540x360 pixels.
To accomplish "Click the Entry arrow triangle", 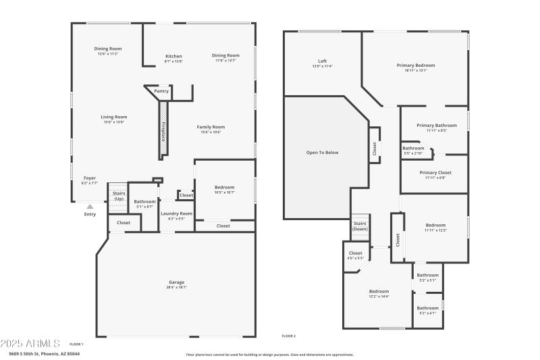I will (x=90, y=206).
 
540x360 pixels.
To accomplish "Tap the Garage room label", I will (x=176, y=282).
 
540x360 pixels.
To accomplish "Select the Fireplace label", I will (x=163, y=130).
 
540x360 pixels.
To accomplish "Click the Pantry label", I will (x=161, y=91).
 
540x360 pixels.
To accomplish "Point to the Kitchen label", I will (x=173, y=56).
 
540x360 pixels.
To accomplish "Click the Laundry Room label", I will (x=176, y=213).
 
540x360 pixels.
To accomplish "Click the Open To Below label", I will (x=322, y=153).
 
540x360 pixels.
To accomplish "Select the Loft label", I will (x=322, y=61).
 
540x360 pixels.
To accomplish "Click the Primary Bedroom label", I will (x=415, y=65).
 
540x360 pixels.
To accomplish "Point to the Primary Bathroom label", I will (x=437, y=125).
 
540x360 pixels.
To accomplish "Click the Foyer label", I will (x=90, y=178).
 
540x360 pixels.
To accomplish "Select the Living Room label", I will (x=114, y=117).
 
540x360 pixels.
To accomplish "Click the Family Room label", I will (x=211, y=127).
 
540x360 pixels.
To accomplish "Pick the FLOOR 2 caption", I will (x=288, y=336).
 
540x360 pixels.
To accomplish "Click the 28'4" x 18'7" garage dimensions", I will (x=176, y=287).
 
